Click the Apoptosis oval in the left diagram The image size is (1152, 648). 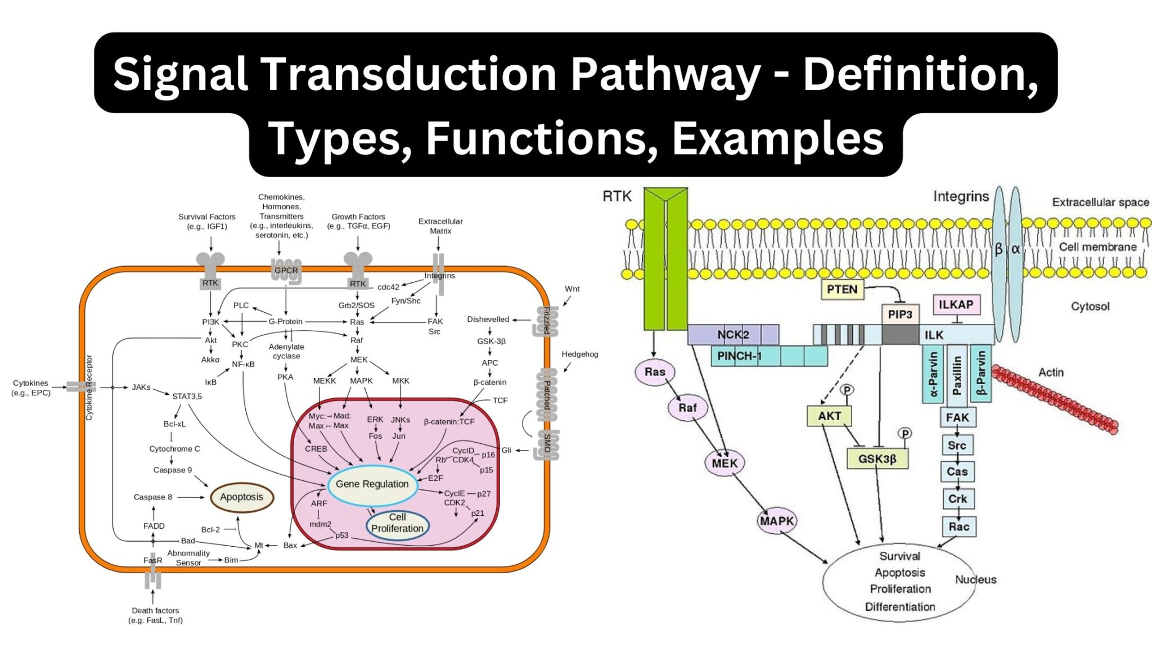[x=241, y=497]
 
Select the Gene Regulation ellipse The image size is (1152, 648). [x=372, y=484]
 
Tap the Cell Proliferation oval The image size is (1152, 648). [x=397, y=524]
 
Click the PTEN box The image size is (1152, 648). [x=841, y=290]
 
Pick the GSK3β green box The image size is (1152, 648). [x=877, y=459]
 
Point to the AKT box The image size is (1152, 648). [x=829, y=416]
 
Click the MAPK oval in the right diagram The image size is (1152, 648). [x=777, y=521]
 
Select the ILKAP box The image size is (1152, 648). [x=956, y=305]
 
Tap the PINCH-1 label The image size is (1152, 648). [x=739, y=356]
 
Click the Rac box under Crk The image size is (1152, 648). [x=958, y=527]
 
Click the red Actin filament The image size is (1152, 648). [x=1054, y=399]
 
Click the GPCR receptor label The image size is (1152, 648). [x=286, y=271]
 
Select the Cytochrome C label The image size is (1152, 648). [x=174, y=449]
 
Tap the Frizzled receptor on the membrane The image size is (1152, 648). [x=546, y=321]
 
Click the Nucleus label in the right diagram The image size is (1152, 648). [x=975, y=579]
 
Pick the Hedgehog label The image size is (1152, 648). [x=579, y=354]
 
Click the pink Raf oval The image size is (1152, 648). [x=687, y=408]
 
